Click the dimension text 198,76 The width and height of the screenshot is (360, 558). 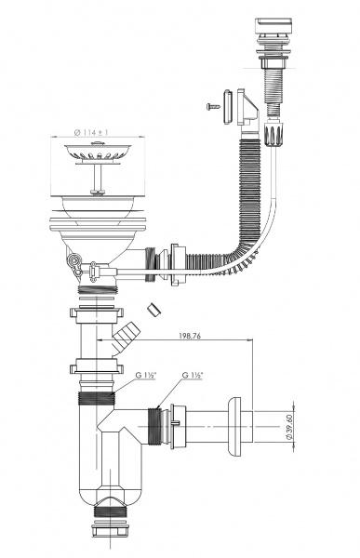point(189,335)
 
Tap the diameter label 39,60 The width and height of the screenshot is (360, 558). point(289,427)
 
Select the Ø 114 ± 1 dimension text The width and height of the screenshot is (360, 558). point(91,132)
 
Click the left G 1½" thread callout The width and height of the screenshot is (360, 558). point(146,375)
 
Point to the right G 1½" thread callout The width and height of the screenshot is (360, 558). point(193,375)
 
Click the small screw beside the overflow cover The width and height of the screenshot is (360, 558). point(213,106)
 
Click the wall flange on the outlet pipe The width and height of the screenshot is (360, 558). point(233,426)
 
